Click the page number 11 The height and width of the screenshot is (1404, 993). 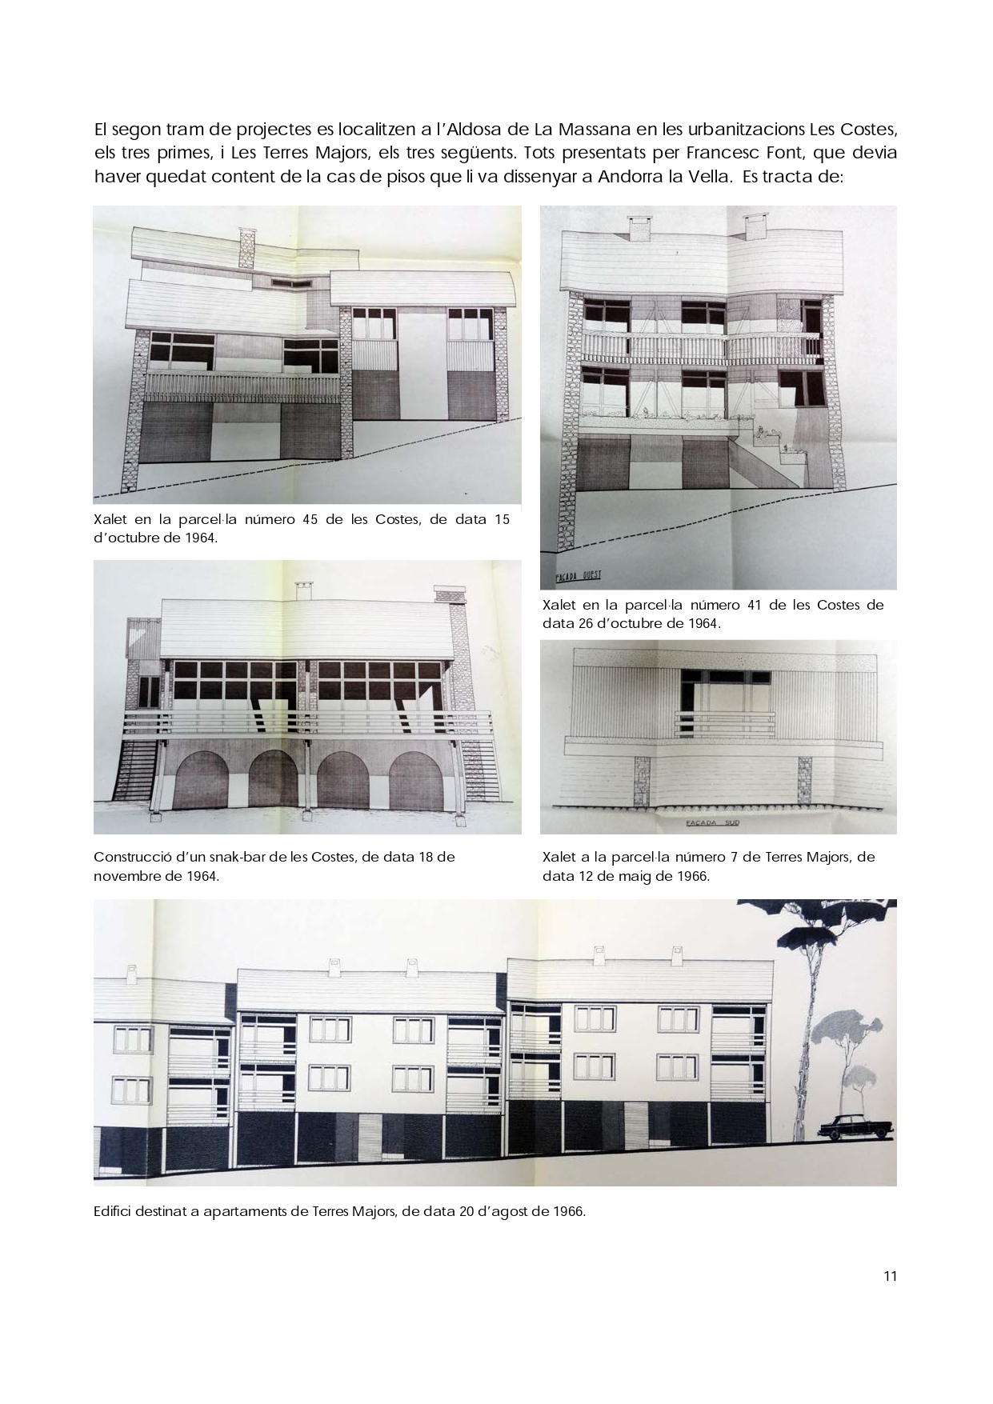890,1276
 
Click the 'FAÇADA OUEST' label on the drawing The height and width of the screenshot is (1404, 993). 578,576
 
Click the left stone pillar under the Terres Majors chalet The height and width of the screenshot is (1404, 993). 643,782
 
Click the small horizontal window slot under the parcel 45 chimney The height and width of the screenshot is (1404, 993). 282,282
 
